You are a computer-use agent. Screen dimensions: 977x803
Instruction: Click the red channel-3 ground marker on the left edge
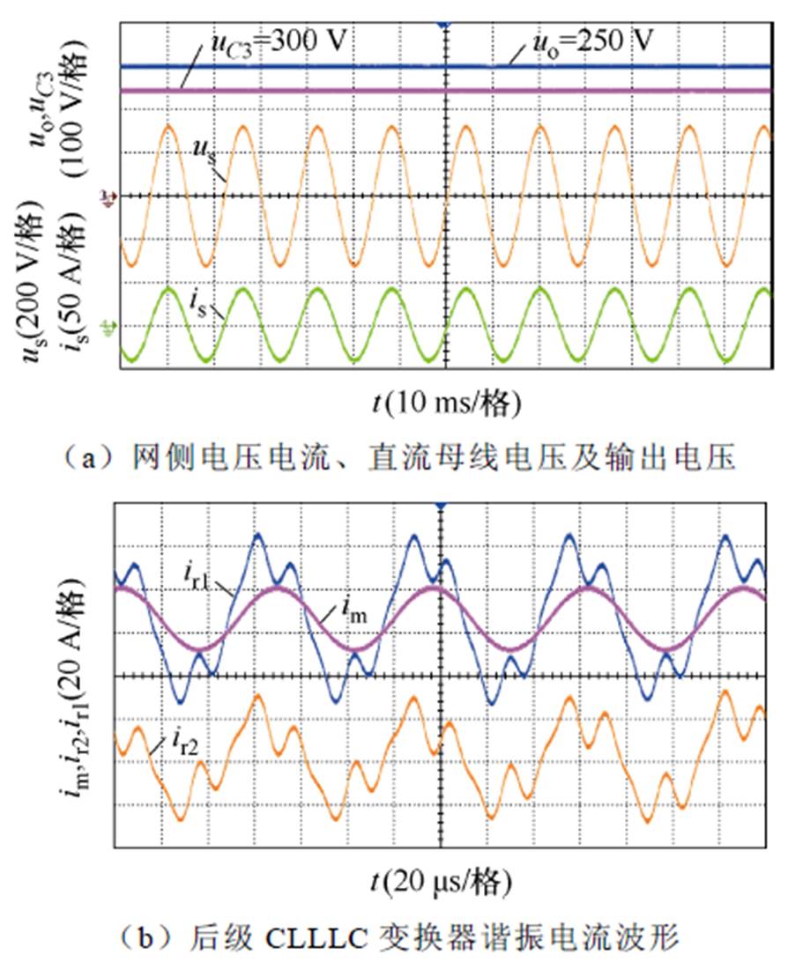point(108,196)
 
